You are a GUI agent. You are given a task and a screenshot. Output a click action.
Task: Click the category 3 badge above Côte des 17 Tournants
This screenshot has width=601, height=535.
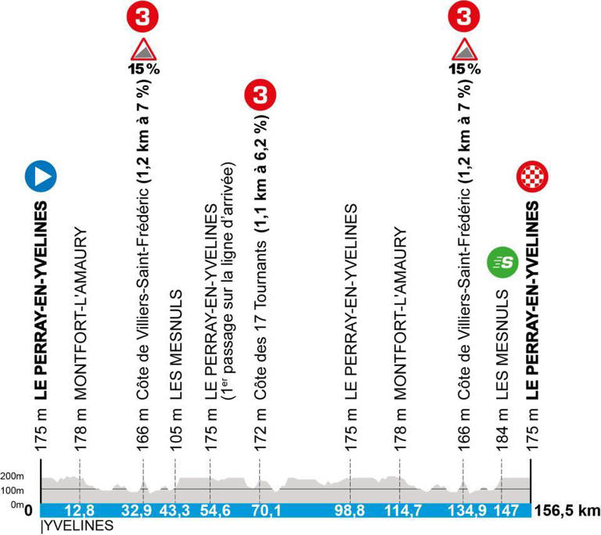tap(259, 96)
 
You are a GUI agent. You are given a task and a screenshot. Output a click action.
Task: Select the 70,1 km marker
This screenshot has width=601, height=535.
tap(259, 512)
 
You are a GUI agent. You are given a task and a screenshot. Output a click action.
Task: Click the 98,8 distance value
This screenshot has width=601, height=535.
tap(351, 512)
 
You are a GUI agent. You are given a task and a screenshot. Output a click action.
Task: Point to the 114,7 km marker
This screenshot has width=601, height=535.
tap(400, 512)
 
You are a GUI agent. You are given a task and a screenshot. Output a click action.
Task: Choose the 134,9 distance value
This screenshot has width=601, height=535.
tap(463, 512)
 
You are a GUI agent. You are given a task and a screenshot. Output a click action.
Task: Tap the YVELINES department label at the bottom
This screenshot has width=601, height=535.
tap(73, 528)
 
